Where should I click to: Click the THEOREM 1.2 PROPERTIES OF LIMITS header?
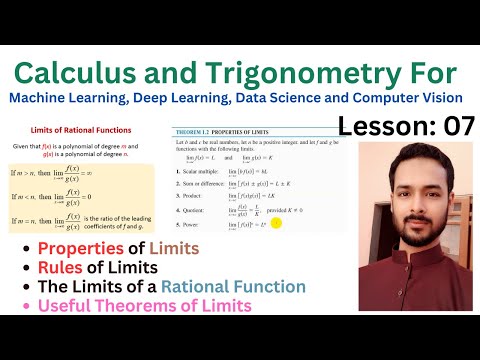point(231,133)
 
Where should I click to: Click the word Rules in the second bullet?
point(62,267)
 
